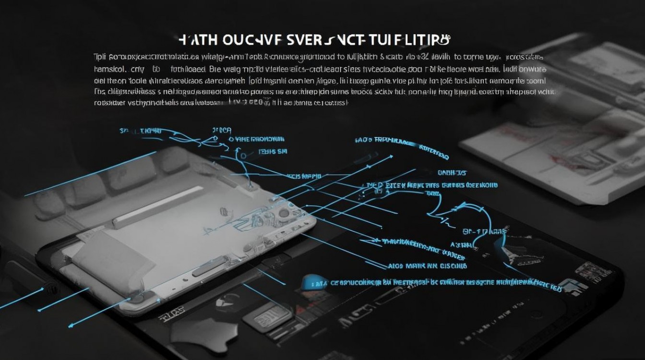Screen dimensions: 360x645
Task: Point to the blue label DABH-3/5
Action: [452, 172]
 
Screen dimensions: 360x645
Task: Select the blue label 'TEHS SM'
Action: [273, 152]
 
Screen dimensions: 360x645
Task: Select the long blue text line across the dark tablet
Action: [432, 284]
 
